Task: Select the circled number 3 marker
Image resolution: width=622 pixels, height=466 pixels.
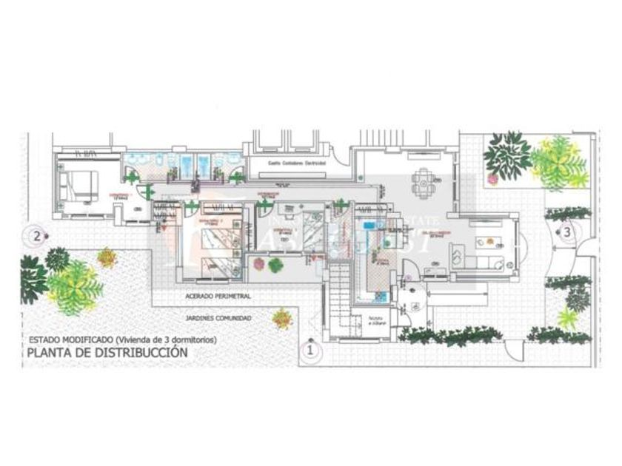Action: click(x=566, y=232)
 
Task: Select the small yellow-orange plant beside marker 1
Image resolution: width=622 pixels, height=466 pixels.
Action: click(x=282, y=319)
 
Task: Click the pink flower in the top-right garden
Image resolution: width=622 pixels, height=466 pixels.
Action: click(x=492, y=178)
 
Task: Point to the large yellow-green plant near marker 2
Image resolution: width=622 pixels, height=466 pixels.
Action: click(x=75, y=285)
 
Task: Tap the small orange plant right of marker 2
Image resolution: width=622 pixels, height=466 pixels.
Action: click(x=108, y=257)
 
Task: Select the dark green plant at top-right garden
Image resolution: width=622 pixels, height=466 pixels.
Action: click(x=507, y=152)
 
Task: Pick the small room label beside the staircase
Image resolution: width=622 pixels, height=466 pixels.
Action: click(x=377, y=320)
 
